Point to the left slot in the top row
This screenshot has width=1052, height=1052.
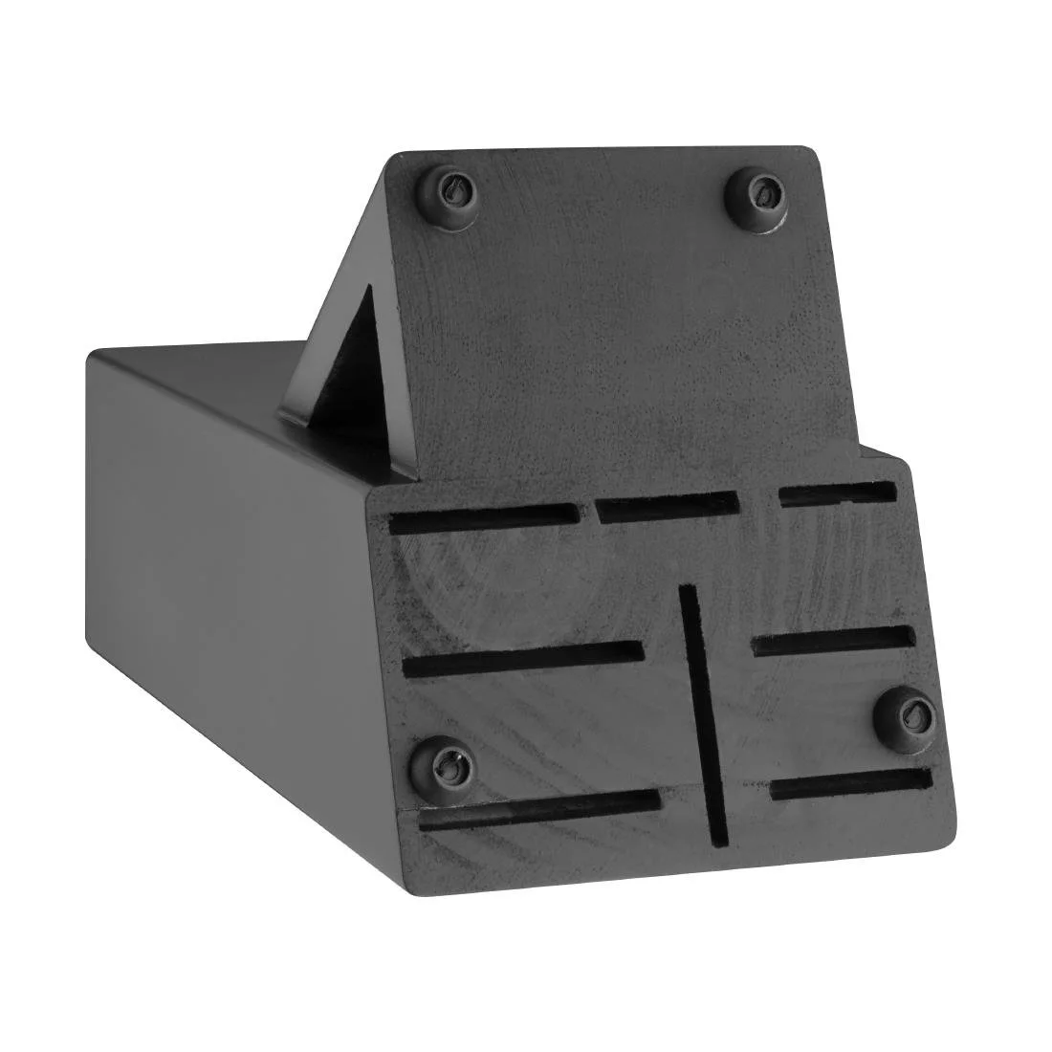485,519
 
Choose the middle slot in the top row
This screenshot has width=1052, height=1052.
668,508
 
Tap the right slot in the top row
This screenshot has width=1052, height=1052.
838,494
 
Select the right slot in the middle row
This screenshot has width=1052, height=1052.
833,641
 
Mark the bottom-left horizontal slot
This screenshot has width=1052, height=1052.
539,808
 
